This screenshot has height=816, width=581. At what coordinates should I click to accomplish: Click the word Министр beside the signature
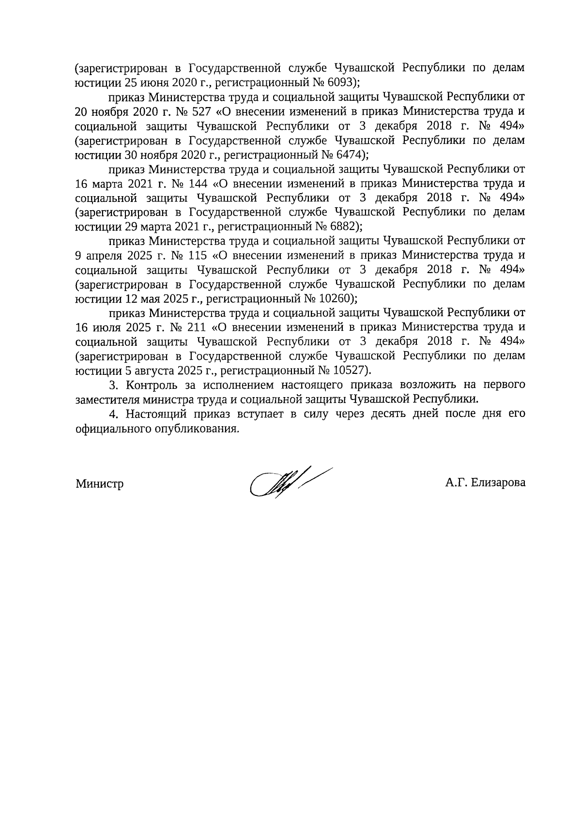99,484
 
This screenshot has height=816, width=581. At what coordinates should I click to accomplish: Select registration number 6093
341,83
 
